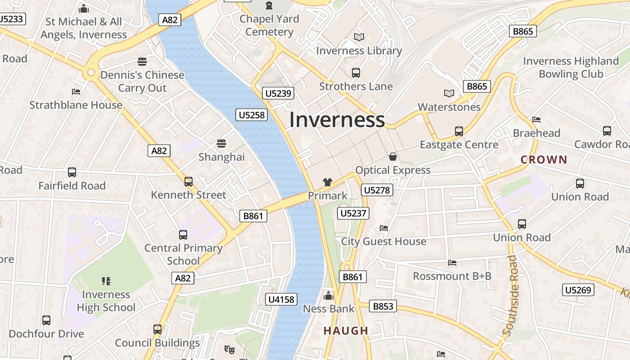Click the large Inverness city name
[x=337, y=120]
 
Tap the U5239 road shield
[x=279, y=93]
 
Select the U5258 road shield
[x=252, y=115]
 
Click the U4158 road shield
[x=282, y=299]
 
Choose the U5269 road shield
[x=578, y=290]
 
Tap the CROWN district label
[x=544, y=159]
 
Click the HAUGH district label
[x=346, y=331]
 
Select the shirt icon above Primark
[x=328, y=182]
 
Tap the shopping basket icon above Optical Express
[x=393, y=157]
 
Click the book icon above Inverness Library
[x=359, y=37]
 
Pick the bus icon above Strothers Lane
[x=356, y=72]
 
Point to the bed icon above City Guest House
[x=384, y=228]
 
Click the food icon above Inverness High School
[x=106, y=281]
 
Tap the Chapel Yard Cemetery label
[x=269, y=25]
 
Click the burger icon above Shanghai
[x=221, y=144]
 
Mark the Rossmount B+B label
[x=452, y=276]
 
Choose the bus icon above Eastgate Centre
[x=459, y=131]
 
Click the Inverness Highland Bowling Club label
[x=571, y=67]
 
